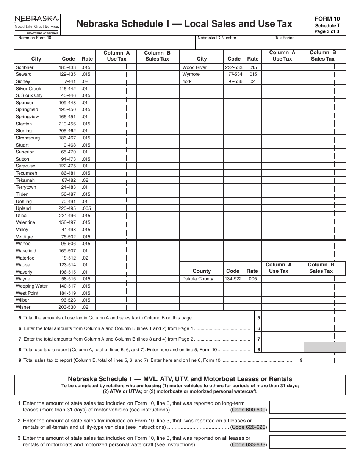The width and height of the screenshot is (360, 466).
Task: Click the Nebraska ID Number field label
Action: (x=217, y=38)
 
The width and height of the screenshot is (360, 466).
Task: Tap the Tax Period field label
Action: (x=285, y=38)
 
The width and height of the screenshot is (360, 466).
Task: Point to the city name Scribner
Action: (x=25, y=67)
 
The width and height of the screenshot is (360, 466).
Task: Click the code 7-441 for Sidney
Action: (x=70, y=81)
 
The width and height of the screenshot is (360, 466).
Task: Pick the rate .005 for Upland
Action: (x=86, y=208)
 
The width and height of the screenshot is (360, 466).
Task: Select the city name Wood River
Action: (x=194, y=67)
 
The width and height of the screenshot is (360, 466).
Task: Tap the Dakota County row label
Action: (x=198, y=279)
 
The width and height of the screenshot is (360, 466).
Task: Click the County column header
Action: (x=202, y=271)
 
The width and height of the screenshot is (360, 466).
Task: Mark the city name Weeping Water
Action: (x=32, y=286)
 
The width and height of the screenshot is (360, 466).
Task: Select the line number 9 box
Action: (x=301, y=360)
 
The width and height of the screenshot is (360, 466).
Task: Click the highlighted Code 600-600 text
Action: (x=249, y=410)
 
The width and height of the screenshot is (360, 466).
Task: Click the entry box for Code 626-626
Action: (x=307, y=425)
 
